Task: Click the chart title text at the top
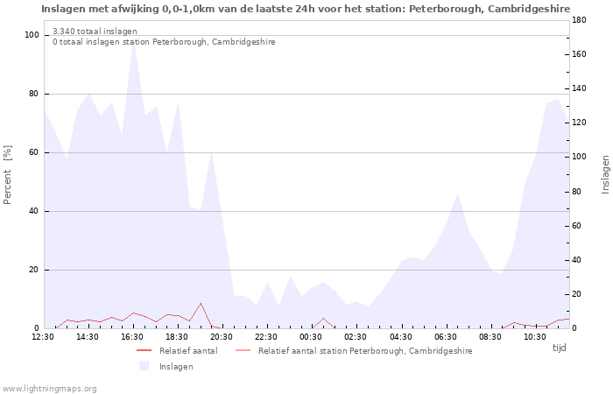click(x=306, y=9)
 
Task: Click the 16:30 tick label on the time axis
click(x=132, y=337)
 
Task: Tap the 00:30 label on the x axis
click(x=311, y=337)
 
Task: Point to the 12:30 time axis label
click(x=43, y=337)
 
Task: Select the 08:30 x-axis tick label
click(x=490, y=337)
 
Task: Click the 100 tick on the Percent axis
click(x=32, y=35)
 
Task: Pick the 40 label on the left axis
click(x=34, y=211)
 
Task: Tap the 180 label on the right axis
click(x=579, y=20)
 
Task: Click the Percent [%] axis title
click(x=7, y=175)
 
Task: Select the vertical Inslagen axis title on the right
click(x=606, y=175)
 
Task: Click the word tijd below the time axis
click(x=559, y=348)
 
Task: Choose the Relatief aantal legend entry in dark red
click(x=177, y=350)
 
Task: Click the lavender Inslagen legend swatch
click(x=144, y=366)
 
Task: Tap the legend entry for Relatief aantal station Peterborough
click(x=354, y=350)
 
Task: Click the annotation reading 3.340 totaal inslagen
click(x=95, y=32)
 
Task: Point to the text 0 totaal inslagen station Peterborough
click(x=164, y=42)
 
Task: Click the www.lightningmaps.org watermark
click(x=49, y=389)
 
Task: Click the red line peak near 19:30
click(x=201, y=303)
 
